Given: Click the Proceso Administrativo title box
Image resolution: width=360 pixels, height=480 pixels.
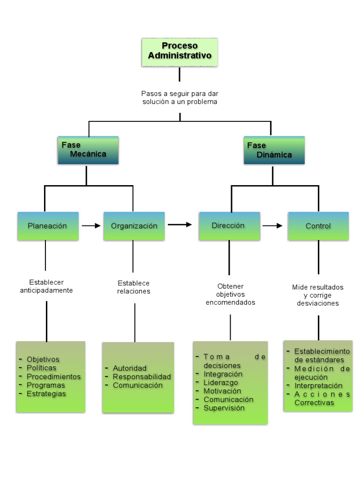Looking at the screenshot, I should [x=180, y=52].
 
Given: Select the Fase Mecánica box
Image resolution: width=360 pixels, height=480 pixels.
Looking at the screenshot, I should [x=88, y=150].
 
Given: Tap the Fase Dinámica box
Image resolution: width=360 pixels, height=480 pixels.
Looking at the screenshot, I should [x=274, y=150].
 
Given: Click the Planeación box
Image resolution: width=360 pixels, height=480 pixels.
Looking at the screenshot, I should [x=48, y=226].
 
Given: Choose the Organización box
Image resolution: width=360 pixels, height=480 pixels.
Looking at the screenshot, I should [x=134, y=226].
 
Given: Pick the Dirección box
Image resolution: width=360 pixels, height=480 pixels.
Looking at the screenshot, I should [x=229, y=225].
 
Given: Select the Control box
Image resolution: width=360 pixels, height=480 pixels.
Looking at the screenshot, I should [x=318, y=226].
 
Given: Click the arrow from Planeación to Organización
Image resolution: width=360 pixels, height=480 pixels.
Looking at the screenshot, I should [x=91, y=226].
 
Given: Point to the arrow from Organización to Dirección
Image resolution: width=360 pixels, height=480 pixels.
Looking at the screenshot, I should [x=180, y=225].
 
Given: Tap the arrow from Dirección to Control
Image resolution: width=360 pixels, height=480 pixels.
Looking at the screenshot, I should [x=272, y=226].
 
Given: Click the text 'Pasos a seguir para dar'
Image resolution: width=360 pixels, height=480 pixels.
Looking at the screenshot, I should [x=180, y=94].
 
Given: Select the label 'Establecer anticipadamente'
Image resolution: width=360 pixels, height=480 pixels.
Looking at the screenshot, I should [x=46, y=286].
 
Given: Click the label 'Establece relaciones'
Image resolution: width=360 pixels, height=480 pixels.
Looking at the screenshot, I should [x=134, y=287].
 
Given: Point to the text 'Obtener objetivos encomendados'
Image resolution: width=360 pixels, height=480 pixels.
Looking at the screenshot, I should [x=230, y=294].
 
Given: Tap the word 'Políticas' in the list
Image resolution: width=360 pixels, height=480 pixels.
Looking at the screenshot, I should [x=41, y=368].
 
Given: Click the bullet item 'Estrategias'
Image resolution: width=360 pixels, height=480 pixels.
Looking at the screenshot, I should [x=46, y=394].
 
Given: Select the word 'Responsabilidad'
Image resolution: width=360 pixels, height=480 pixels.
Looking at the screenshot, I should [x=142, y=377].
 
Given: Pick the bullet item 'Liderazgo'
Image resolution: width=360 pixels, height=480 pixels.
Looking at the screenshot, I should [x=220, y=382].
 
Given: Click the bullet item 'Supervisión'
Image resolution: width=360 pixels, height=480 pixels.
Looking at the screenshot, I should [x=224, y=408].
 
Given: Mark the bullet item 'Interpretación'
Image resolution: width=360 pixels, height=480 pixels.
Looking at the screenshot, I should [x=318, y=385].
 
